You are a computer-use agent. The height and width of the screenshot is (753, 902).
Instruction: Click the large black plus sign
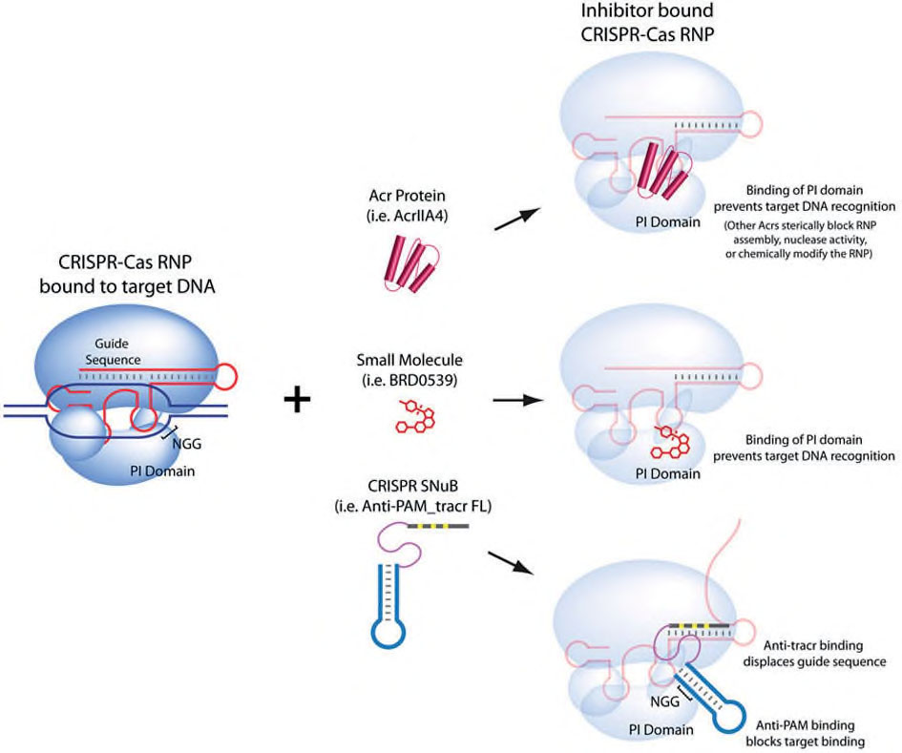297,399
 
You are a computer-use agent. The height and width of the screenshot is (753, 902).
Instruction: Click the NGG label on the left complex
187,444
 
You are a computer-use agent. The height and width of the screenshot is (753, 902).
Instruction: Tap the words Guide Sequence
113,351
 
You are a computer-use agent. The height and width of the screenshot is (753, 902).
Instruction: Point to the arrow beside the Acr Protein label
517,220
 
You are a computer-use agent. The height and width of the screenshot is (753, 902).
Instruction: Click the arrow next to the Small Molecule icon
518,400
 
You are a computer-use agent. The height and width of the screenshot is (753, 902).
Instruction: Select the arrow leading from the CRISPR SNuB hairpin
511,562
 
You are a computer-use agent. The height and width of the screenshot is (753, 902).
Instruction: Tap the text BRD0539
409,380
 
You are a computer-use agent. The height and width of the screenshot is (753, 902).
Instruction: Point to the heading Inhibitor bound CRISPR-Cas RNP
647,22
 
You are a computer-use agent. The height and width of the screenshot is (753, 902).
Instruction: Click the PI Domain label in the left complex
162,471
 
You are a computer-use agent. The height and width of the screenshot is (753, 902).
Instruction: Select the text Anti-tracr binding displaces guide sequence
814,654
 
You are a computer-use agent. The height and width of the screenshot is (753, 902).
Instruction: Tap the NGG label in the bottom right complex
665,701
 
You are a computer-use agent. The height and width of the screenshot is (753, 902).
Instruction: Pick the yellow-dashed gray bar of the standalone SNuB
438,526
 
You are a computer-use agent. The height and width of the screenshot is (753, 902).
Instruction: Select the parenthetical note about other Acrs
800,240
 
